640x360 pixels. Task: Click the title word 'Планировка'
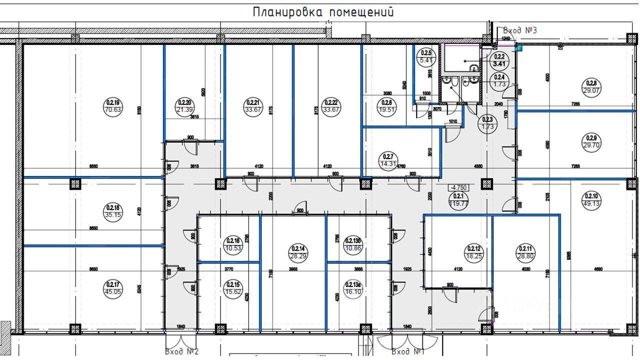(287, 12)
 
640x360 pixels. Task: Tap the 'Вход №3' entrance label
(520, 30)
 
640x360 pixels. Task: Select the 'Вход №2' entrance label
(182, 351)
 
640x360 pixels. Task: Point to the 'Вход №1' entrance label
(408, 351)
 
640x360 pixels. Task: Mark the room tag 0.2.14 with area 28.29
(297, 252)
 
